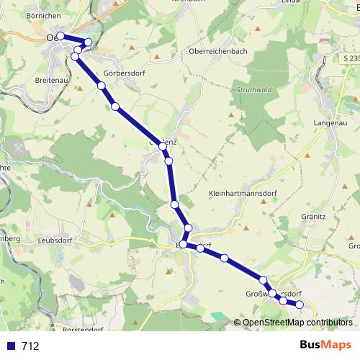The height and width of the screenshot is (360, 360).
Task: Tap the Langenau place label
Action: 331,124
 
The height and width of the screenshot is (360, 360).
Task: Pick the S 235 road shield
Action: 349,58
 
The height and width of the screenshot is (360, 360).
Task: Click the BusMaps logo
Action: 326,345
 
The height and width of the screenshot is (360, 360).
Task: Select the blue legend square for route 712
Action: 9,346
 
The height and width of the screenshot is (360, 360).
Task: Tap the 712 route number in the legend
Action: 30,346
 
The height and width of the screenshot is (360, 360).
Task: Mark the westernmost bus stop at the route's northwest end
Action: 60,36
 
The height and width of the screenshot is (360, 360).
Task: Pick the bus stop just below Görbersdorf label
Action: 102,86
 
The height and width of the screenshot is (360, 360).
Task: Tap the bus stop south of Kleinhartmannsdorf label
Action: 224,258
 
